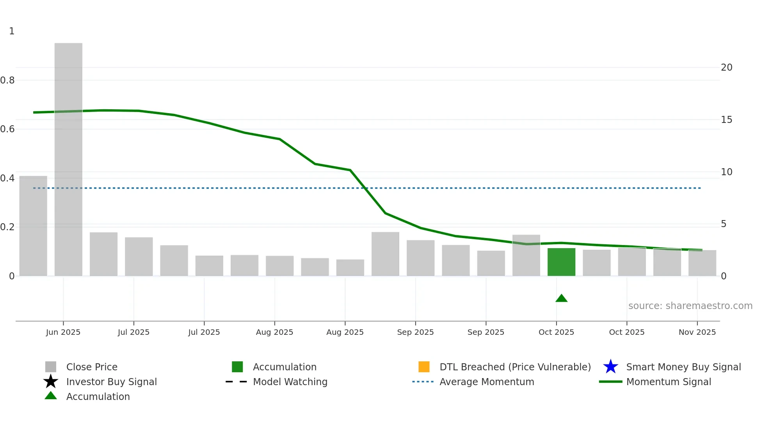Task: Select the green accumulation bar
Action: tap(561, 262)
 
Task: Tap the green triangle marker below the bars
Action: tap(561, 299)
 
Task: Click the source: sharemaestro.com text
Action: tap(690, 306)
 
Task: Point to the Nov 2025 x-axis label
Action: tap(697, 332)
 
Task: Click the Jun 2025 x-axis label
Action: tap(63, 332)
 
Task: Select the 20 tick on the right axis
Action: tap(726, 68)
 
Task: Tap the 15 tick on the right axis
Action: tap(726, 120)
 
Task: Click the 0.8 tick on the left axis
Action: tap(7, 80)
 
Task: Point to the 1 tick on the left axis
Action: tap(12, 31)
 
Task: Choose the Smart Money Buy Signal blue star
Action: tap(610, 367)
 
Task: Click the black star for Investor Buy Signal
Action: tap(51, 382)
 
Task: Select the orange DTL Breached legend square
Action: tap(424, 367)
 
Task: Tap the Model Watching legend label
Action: tap(290, 382)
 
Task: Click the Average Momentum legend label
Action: tap(487, 382)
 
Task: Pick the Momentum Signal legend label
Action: tap(669, 382)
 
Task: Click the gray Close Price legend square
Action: tap(51, 367)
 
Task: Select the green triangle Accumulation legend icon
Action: tap(51, 396)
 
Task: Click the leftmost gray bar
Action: tap(33, 226)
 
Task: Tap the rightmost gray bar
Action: tap(702, 263)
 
